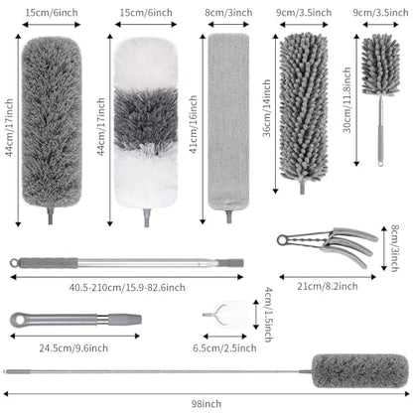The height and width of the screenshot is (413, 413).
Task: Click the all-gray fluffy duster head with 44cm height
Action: (x=52, y=122)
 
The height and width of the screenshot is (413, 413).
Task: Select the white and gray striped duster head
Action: (x=146, y=123)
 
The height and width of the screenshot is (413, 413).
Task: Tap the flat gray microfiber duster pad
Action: (x=228, y=121)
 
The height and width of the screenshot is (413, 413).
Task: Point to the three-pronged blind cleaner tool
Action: (x=328, y=245)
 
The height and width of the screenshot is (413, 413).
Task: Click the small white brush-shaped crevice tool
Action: (x=225, y=315)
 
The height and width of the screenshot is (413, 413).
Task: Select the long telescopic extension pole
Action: (x=127, y=263)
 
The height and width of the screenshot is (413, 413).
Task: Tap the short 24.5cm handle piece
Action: (x=75, y=320)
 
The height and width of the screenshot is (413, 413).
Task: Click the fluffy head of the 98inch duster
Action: (x=360, y=371)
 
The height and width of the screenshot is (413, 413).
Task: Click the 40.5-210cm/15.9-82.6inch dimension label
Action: (x=127, y=287)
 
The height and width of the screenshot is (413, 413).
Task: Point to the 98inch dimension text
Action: (x=206, y=404)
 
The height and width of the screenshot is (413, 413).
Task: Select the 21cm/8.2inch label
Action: (x=328, y=286)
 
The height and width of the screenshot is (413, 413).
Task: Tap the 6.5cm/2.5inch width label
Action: (x=224, y=348)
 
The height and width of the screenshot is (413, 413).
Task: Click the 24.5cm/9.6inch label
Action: (x=73, y=348)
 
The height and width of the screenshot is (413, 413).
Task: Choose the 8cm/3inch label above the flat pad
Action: (x=228, y=13)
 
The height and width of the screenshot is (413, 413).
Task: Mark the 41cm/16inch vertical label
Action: (x=193, y=124)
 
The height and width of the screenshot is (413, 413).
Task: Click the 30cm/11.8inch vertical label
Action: (x=346, y=100)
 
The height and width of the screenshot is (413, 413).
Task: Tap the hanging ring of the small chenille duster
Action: (x=380, y=163)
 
